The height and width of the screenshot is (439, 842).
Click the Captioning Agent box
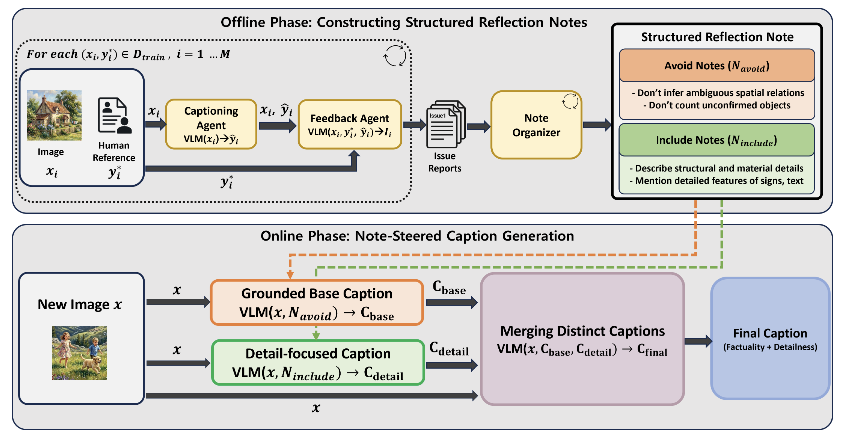[211, 124]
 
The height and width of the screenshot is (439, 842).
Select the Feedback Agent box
[350, 124]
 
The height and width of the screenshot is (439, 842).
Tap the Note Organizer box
[536, 125]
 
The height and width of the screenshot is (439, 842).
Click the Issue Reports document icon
[445, 124]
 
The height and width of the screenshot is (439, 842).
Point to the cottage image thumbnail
[54, 115]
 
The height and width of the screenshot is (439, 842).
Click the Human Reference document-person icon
[115, 116]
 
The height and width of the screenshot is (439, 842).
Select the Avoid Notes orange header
[717, 66]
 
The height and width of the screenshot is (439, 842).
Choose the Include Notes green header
[717, 140]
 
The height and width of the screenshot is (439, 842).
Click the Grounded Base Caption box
[317, 302]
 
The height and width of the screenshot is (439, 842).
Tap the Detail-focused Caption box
[318, 363]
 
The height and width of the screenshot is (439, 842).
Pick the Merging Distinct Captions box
[582, 339]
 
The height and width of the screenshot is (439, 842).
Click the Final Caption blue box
[770, 339]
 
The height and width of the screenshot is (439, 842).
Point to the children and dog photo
[80, 353]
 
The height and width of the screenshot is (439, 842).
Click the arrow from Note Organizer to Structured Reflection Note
[597, 125]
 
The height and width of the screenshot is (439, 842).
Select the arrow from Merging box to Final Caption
[698, 341]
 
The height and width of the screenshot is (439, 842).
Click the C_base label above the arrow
[449, 288]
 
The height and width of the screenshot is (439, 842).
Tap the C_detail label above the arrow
[449, 349]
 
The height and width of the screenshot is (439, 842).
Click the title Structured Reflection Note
[717, 37]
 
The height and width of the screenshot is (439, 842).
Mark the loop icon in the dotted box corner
[395, 55]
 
